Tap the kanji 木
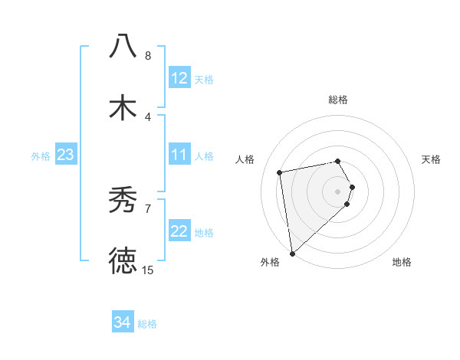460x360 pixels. (x=123, y=107)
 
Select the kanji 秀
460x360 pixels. (x=123, y=201)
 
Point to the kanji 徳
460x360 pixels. (x=123, y=260)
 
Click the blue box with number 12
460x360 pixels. (x=179, y=78)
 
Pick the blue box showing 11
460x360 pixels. (x=179, y=155)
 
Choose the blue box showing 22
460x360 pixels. (x=179, y=232)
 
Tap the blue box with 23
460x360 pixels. (x=65, y=155)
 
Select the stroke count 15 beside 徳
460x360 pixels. (x=148, y=270)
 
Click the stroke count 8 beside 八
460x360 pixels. (x=148, y=56)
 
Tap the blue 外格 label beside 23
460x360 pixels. (x=41, y=156)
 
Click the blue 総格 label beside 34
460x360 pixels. (x=147, y=324)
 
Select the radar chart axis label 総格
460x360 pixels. (x=338, y=100)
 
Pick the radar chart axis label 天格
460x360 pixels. (x=432, y=159)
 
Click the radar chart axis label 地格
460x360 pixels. (x=402, y=262)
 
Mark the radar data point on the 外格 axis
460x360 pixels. (x=292, y=253)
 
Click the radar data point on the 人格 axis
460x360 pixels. (x=281, y=172)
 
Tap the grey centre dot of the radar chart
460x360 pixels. (x=338, y=191)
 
